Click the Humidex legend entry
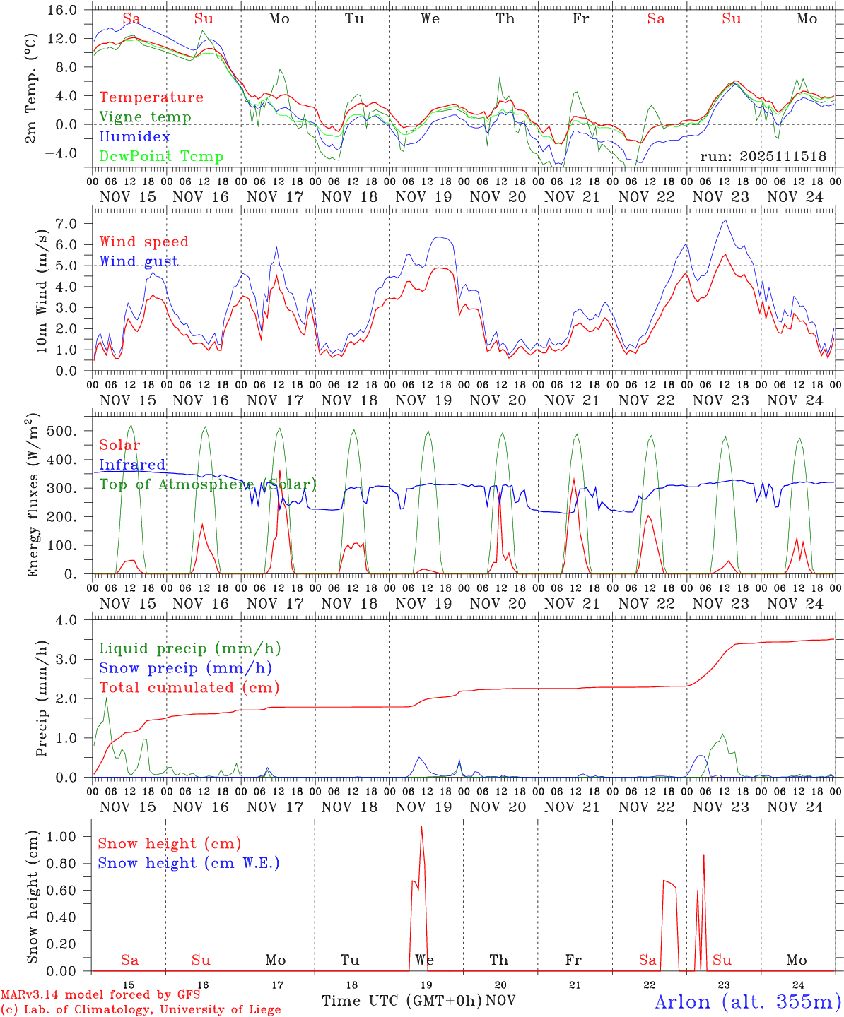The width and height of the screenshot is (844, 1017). click(134, 137)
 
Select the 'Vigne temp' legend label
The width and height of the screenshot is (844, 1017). click(145, 117)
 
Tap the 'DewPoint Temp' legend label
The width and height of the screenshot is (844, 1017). click(161, 157)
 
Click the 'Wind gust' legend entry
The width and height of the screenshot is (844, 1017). click(139, 261)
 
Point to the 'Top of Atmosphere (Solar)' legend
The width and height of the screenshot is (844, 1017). click(208, 484)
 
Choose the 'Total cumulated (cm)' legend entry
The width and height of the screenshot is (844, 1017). click(189, 688)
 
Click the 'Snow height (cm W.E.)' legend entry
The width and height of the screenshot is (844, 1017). click(189, 863)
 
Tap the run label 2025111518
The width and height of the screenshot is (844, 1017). click(763, 157)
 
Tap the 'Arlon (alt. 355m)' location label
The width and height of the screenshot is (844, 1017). click(748, 1001)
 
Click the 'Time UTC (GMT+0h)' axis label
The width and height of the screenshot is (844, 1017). click(402, 1001)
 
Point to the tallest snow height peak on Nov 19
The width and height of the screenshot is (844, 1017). click(422, 827)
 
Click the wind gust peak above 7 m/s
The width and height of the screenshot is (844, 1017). click(725, 220)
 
